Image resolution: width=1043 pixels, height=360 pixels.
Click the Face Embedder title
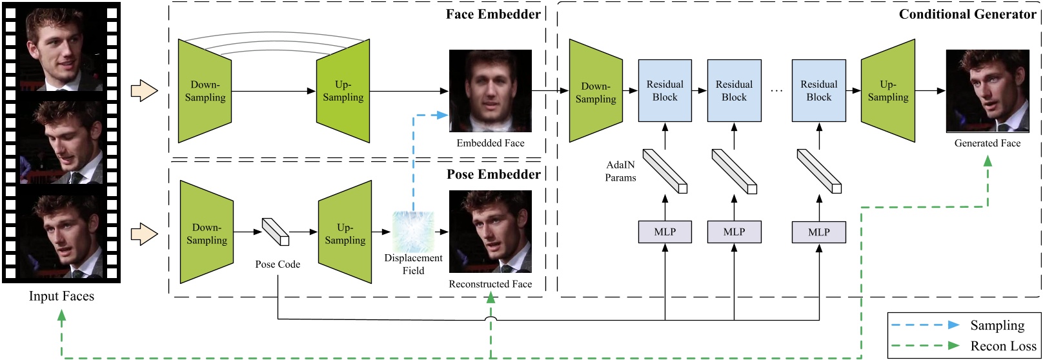(x=493, y=14)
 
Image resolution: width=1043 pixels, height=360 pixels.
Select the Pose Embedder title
(x=493, y=174)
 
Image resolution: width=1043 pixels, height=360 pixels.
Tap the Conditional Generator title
(x=967, y=14)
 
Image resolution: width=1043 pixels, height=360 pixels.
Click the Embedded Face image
(x=491, y=91)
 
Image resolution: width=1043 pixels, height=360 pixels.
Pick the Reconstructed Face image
(x=491, y=231)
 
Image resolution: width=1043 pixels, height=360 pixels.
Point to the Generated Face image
(x=987, y=91)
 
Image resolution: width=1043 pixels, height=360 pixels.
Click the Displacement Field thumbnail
(x=413, y=232)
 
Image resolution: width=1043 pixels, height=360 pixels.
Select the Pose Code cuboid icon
(x=276, y=232)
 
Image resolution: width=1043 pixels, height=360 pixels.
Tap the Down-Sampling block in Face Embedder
(x=205, y=91)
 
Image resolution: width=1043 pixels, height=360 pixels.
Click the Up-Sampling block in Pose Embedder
(x=345, y=233)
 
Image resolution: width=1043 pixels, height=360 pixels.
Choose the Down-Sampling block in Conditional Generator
(x=596, y=91)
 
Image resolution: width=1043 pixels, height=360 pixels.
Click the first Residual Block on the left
(x=665, y=91)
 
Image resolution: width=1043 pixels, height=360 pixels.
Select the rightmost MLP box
(x=818, y=232)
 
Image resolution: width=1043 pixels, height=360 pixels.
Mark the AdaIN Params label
(x=620, y=172)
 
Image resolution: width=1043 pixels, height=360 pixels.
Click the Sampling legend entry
(x=997, y=325)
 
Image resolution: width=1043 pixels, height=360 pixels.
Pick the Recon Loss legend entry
(x=1003, y=346)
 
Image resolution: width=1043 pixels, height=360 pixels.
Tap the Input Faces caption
(x=61, y=296)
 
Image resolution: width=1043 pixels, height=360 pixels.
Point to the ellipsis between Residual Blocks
(x=776, y=91)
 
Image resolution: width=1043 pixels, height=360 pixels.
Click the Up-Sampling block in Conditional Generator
(x=888, y=91)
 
